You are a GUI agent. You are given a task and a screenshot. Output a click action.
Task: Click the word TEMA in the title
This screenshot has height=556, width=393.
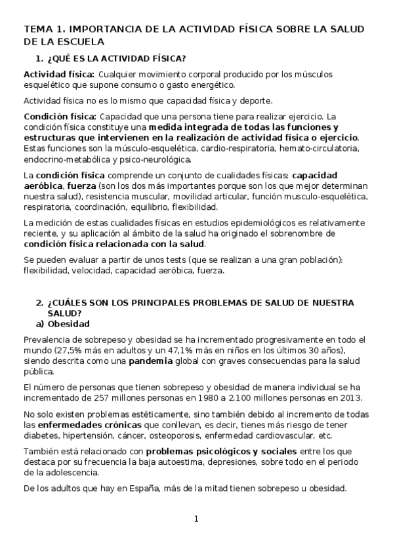click(x=36, y=30)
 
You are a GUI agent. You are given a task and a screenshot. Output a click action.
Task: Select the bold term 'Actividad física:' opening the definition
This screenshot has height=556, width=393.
click(x=59, y=73)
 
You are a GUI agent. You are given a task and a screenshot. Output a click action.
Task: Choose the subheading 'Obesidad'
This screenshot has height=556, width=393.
click(x=69, y=324)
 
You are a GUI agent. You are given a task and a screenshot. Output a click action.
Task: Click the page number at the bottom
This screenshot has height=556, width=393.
click(x=196, y=519)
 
